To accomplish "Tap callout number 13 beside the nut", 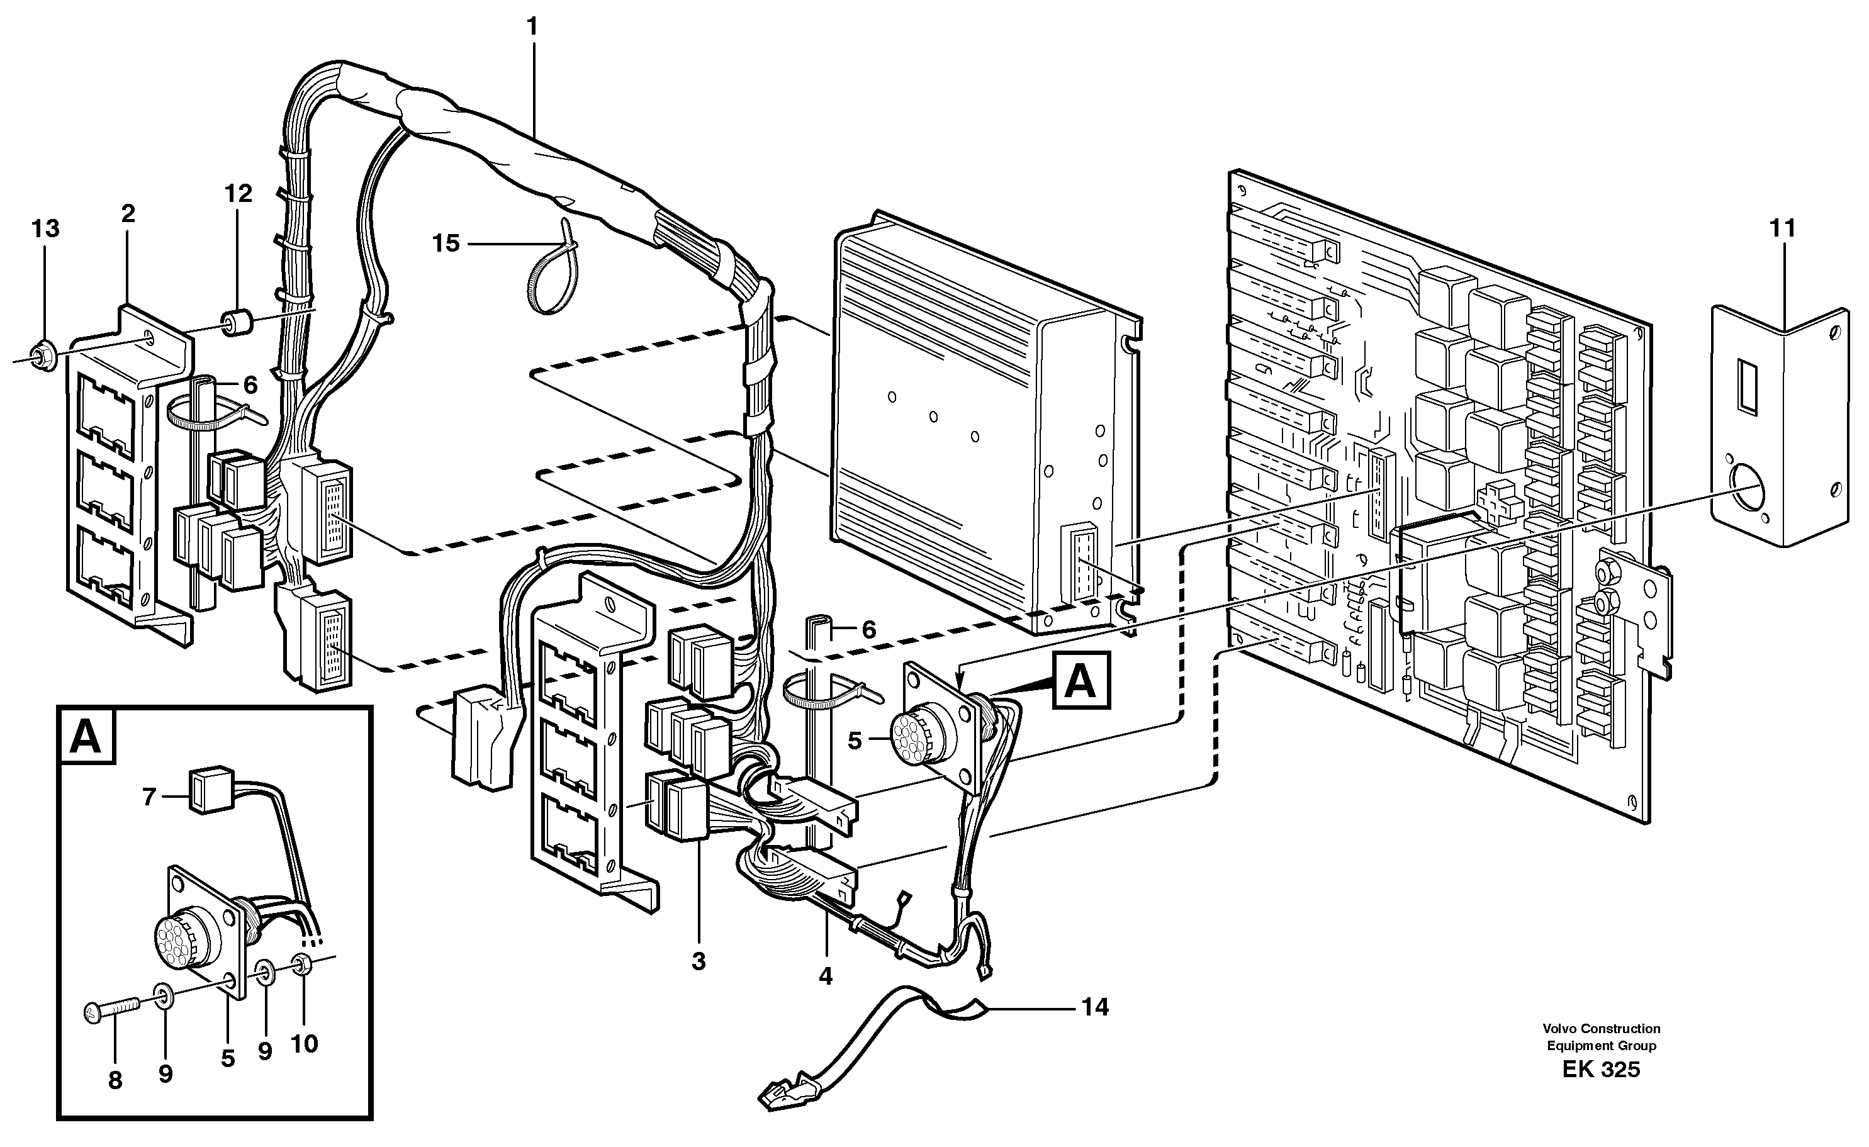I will click(45, 228).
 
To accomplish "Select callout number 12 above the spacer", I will click(237, 194).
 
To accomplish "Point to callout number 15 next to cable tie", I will click(446, 243).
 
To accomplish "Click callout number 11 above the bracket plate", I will click(1783, 228).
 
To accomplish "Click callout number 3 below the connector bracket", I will click(699, 961).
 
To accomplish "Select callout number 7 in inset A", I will click(149, 797).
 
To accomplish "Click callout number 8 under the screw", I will click(115, 1080).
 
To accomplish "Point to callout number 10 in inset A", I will click(303, 1044).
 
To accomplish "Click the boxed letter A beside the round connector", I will click(1080, 681).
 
